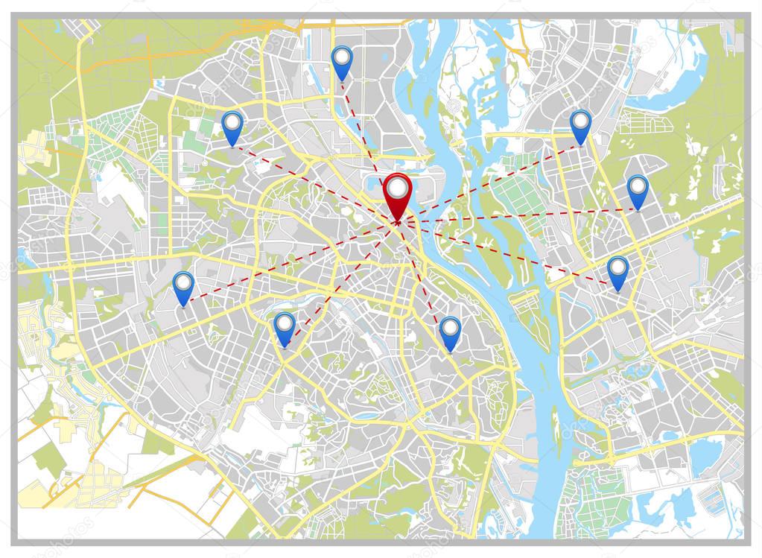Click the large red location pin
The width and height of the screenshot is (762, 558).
(397, 194)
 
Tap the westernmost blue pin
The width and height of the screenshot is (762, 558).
(183, 288)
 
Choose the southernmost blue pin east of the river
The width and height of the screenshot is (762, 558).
(617, 272)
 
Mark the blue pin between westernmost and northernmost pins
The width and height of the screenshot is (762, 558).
(232, 127)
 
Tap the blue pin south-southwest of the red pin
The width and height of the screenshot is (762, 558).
(284, 329)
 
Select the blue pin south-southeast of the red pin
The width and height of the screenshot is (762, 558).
(450, 332)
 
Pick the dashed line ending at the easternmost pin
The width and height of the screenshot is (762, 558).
(521, 215)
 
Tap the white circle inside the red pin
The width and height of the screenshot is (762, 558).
(397, 184)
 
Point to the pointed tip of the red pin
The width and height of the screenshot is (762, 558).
(398, 222)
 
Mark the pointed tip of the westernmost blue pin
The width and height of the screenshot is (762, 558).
(183, 306)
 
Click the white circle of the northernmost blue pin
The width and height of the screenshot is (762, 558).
(341, 54)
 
